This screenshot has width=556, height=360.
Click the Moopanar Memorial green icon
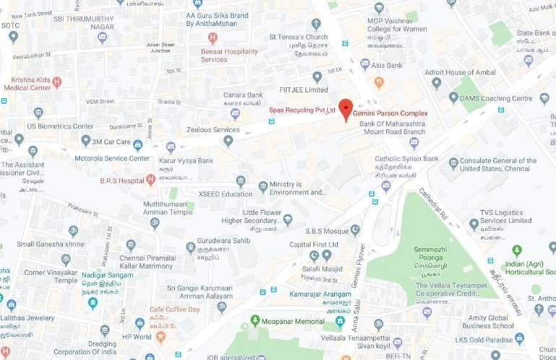click(x=254, y=320)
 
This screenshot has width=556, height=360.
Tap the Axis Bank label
click(x=386, y=65)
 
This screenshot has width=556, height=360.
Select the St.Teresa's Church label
click(x=298, y=37)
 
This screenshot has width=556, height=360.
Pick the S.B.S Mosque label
click(x=326, y=231)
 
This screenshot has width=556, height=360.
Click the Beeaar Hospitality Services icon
click(x=212, y=38)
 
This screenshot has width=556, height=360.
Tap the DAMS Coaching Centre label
click(x=497, y=98)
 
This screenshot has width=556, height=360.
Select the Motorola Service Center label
click(x=112, y=158)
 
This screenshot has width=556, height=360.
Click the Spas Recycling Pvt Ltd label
click(x=303, y=110)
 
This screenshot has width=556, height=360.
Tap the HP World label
click(x=136, y=337)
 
